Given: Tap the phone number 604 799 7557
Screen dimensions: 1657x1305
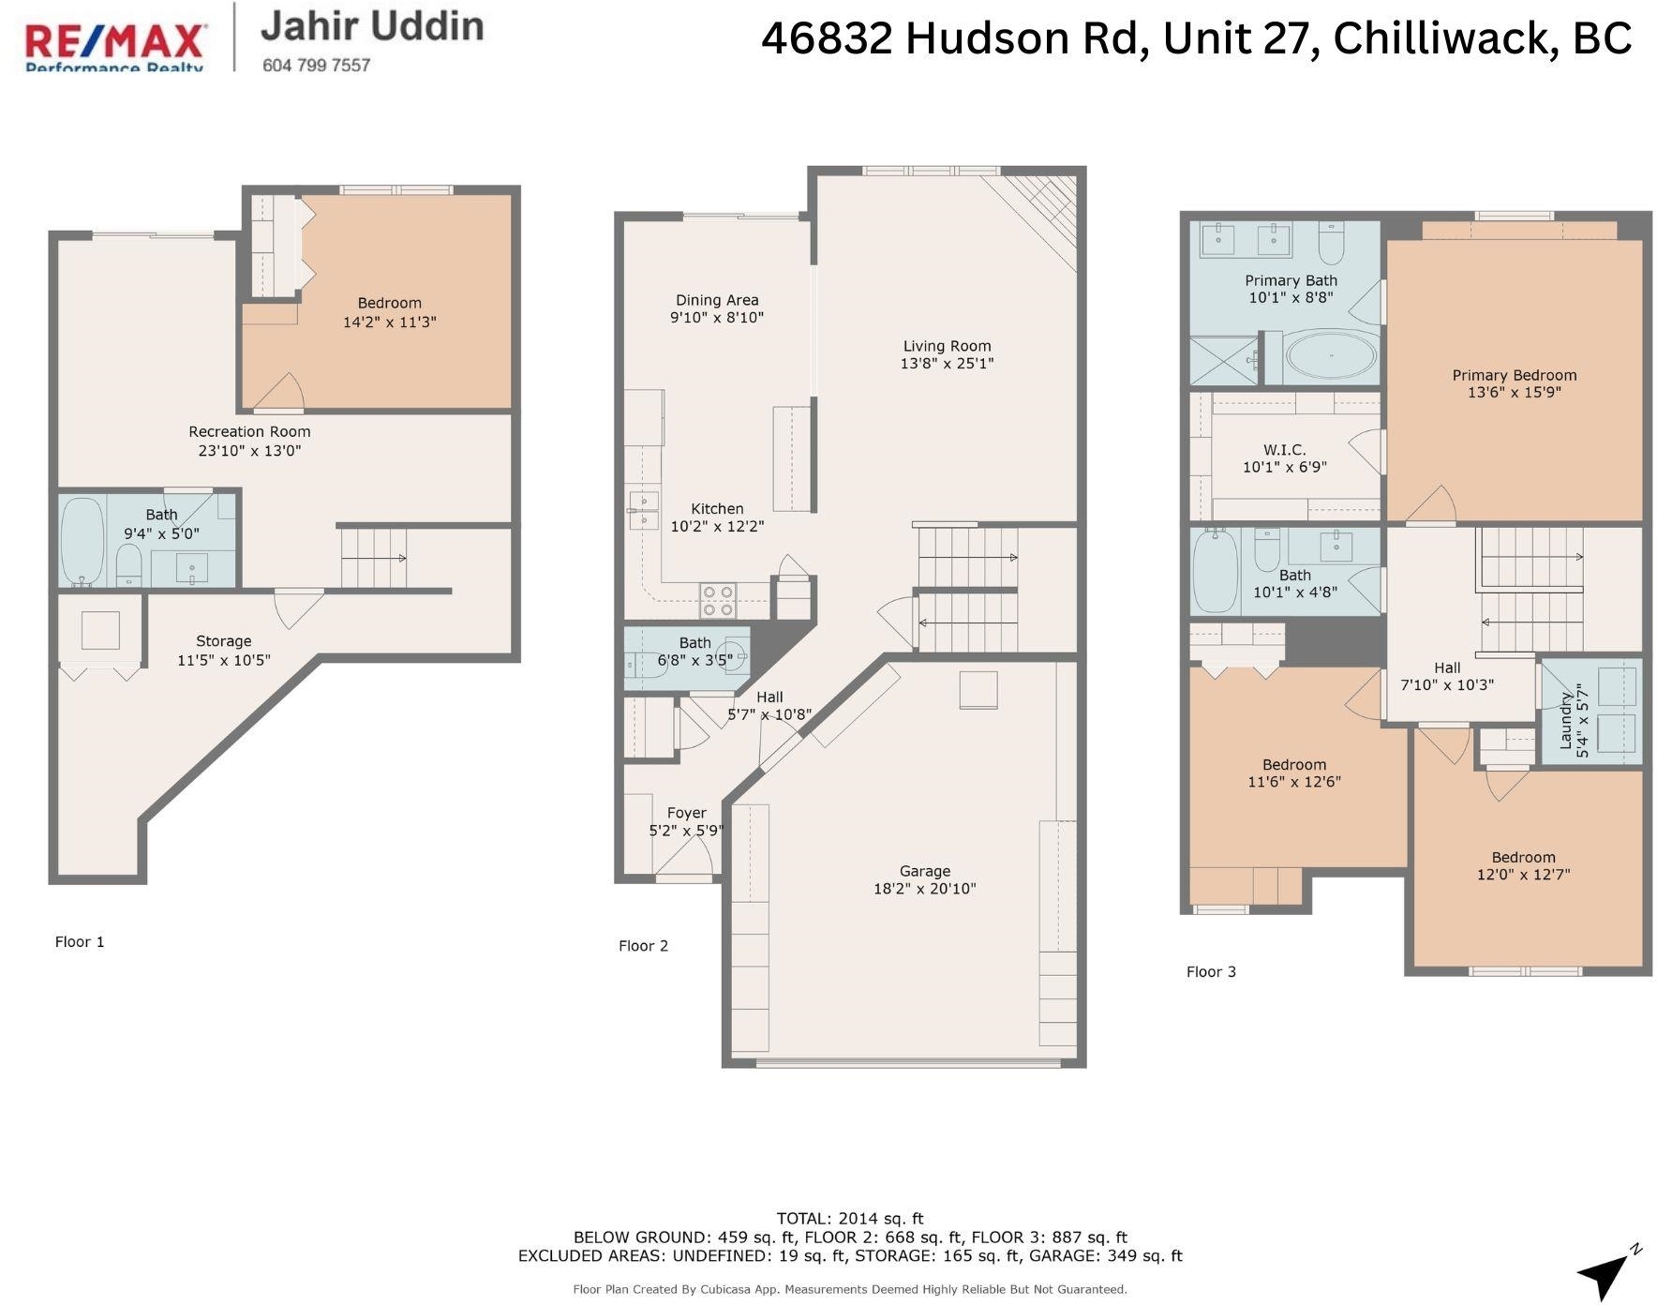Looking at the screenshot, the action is click(x=317, y=65).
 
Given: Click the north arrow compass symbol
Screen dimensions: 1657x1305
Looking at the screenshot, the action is click(x=1609, y=1271).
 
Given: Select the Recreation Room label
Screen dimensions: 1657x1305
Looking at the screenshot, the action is click(x=249, y=432).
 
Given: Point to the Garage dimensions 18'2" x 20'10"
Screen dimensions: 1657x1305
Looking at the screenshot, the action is click(x=925, y=889).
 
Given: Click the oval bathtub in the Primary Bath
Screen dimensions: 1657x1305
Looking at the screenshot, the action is click(x=1332, y=356).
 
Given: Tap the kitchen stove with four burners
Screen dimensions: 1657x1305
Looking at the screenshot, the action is click(x=718, y=600).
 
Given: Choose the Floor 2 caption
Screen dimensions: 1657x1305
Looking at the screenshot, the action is click(x=644, y=946).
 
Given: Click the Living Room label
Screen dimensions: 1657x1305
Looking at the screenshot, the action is click(x=948, y=346).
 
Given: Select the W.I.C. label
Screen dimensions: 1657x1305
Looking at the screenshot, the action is click(x=1285, y=450).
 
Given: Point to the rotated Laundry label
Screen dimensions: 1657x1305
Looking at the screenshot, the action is click(x=1566, y=721).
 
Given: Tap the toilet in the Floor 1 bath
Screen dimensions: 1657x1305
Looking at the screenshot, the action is click(x=128, y=565).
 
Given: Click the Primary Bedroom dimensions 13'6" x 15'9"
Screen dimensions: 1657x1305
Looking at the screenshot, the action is click(x=1515, y=393).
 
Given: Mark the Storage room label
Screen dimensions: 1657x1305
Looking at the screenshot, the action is click(x=224, y=641).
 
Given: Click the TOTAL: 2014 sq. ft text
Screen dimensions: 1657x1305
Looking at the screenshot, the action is click(x=850, y=1219).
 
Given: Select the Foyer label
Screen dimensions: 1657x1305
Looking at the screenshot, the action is click(x=687, y=814).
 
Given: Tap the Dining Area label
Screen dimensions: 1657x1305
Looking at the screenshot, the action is click(x=718, y=301).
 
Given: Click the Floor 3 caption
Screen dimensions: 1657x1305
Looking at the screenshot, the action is click(x=1212, y=972).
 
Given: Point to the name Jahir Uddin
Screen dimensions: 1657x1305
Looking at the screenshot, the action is click(x=373, y=26).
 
